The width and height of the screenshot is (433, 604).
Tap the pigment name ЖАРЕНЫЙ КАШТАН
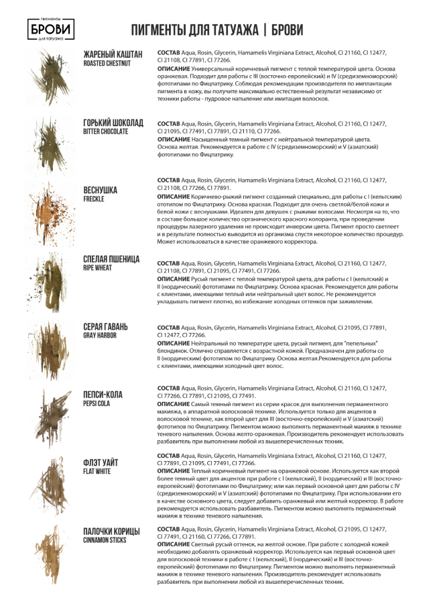pyautogui.click(x=113, y=54)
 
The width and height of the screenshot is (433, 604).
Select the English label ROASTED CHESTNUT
pyautogui.click(x=107, y=64)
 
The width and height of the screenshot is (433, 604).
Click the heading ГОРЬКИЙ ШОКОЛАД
pyautogui.click(x=113, y=123)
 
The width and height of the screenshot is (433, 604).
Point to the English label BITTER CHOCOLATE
pyautogui.click(x=105, y=132)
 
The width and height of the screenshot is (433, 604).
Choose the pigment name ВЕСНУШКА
pyautogui.click(x=100, y=191)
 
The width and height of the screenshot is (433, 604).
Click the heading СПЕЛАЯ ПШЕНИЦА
pyautogui.click(x=111, y=259)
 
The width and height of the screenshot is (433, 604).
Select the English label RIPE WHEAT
pyautogui.click(x=97, y=268)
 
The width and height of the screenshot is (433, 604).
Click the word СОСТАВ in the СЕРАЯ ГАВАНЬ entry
pyautogui.click(x=168, y=328)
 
